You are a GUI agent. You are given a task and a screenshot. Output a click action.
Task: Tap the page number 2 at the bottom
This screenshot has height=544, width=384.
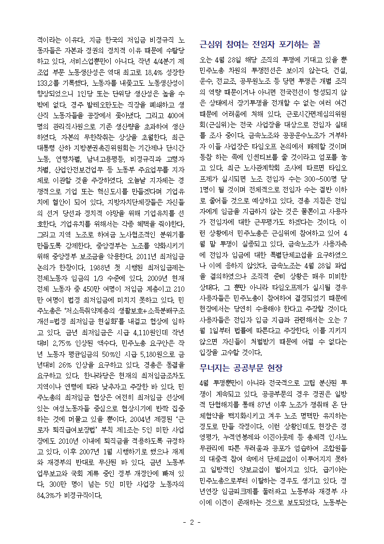[192, 522]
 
